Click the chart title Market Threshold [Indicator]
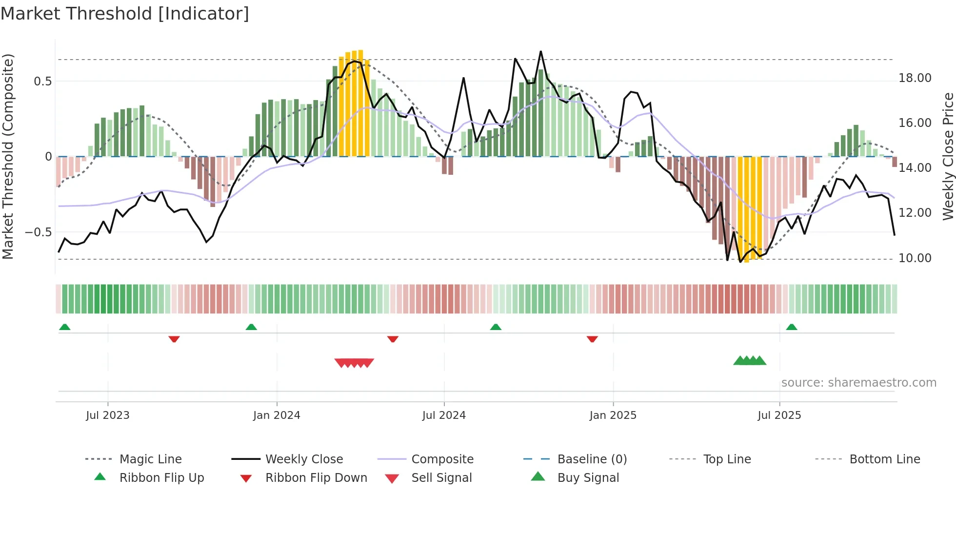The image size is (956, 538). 125,14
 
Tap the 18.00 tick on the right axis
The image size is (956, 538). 915,78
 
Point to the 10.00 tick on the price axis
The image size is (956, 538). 915,258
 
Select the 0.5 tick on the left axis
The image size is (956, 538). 42,81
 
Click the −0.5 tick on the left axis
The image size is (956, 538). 39,232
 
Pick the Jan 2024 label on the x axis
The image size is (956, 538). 277,415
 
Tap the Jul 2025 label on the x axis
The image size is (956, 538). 779,415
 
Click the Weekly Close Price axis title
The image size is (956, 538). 948,156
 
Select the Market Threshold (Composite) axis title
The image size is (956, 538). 8,156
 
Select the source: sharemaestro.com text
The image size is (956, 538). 858,382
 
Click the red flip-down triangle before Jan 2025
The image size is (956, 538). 592,339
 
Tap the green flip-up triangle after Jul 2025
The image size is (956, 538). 792,327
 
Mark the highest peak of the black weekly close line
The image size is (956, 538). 540,51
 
